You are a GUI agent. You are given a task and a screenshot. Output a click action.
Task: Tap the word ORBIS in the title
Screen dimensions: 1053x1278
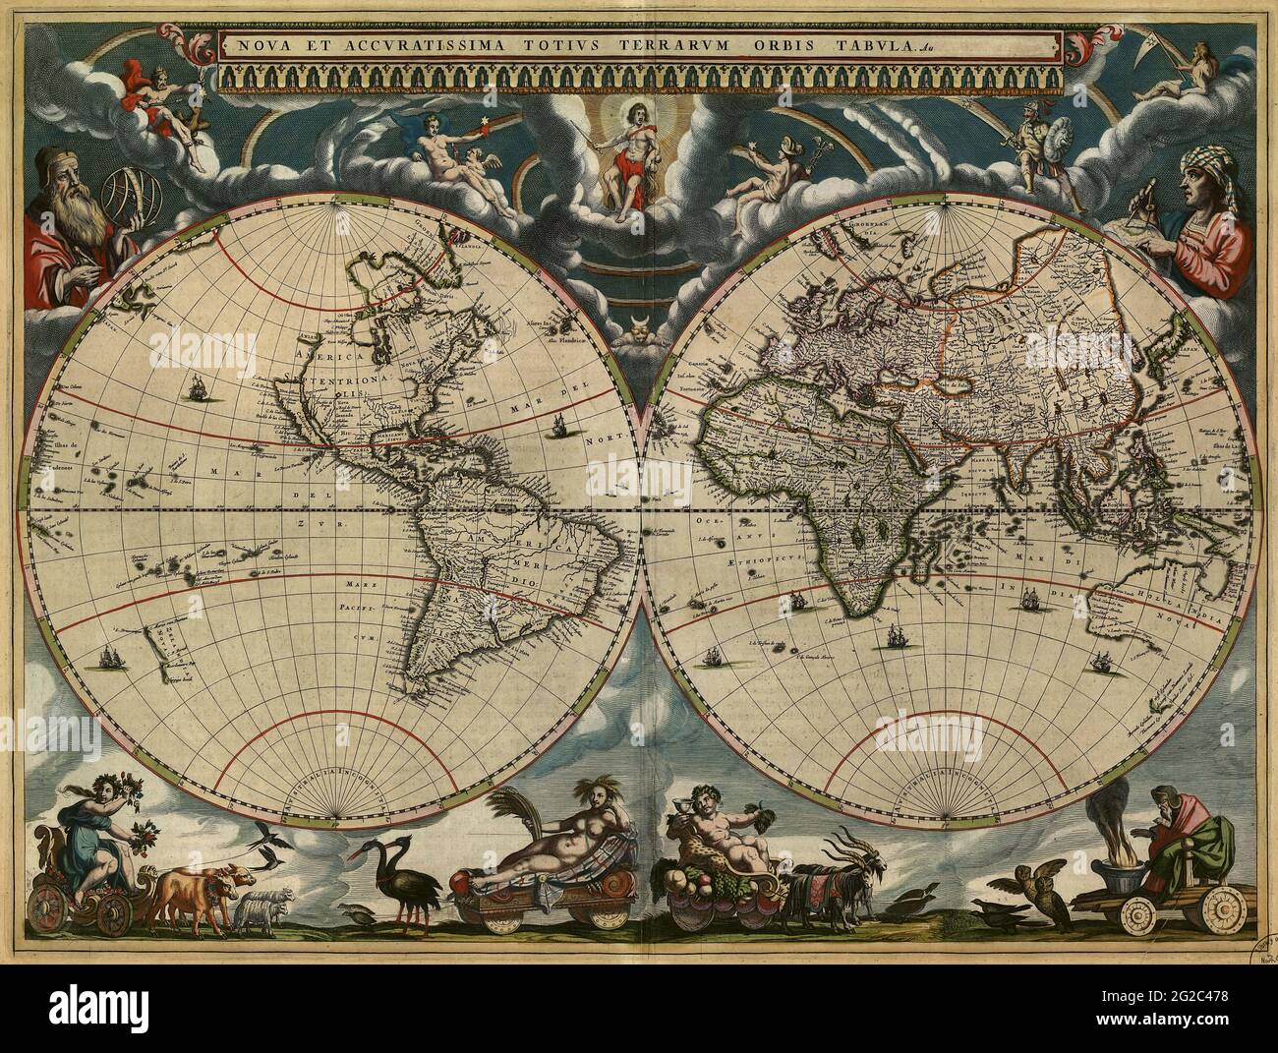click(835, 44)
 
